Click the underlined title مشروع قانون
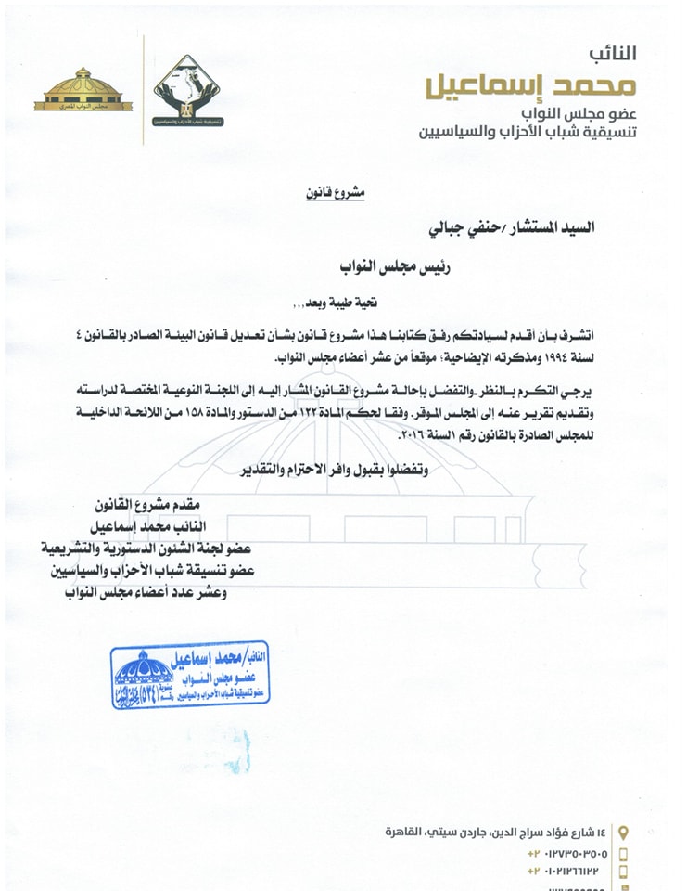click(x=337, y=193)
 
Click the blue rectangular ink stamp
click(x=190, y=677)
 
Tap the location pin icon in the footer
click(x=623, y=832)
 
